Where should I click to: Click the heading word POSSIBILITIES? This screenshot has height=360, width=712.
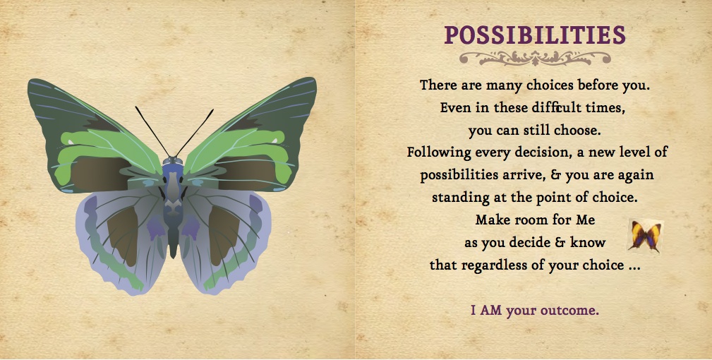[535, 35]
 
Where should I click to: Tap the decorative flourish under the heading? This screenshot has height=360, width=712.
[535, 58]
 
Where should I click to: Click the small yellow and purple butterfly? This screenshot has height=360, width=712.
[645, 235]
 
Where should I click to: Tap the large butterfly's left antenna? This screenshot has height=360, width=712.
[152, 132]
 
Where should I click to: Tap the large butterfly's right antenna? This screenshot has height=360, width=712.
[195, 133]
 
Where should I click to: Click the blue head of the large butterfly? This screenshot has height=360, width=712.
[173, 164]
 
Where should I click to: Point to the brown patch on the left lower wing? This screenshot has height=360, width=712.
[122, 234]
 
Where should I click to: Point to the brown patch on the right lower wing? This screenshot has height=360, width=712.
[224, 234]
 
